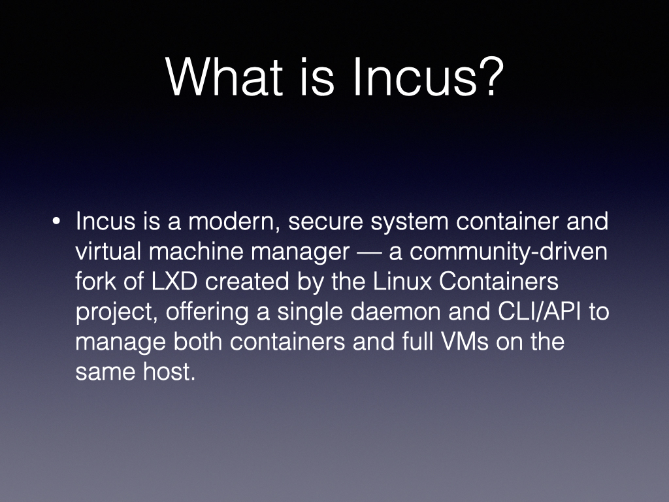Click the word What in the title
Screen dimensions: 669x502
point(225,77)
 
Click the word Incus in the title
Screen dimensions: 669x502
point(414,77)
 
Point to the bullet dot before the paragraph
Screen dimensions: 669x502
point(56,222)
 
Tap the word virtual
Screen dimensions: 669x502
point(108,251)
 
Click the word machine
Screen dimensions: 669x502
point(196,251)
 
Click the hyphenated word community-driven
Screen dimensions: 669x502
point(508,252)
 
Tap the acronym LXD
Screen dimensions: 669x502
point(174,281)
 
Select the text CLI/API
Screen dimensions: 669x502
point(539,311)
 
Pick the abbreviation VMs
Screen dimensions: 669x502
point(465,341)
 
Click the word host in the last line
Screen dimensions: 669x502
point(169,371)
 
